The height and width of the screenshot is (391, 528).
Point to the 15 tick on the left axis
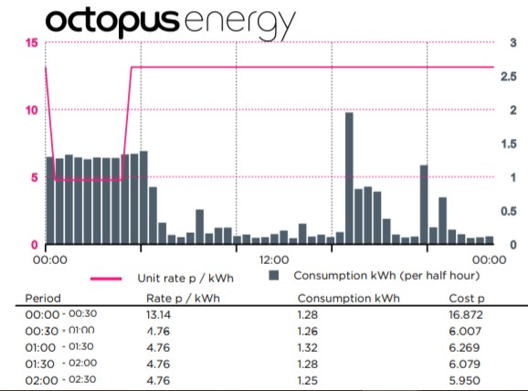click(31, 44)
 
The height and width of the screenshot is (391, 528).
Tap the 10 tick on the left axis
click(31, 111)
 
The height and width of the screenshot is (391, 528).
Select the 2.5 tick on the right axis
click(514, 77)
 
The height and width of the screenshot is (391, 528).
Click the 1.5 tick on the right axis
click(514, 144)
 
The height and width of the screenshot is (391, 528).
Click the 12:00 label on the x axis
click(273, 259)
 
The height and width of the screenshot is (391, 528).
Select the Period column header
click(43, 298)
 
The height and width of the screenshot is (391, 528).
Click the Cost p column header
click(467, 298)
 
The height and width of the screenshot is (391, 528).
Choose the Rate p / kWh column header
click(184, 298)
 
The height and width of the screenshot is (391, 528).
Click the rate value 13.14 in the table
click(161, 313)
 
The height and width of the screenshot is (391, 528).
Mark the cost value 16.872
click(468, 313)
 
